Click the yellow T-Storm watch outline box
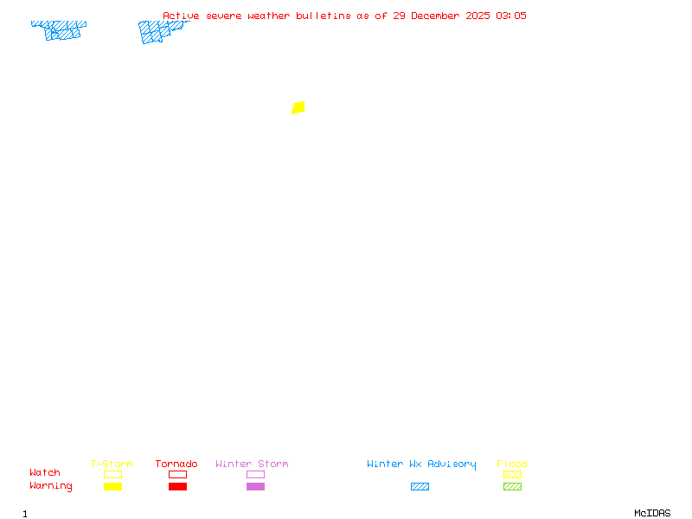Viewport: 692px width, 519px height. coord(112,474)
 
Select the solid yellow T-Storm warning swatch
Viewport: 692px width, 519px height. coord(112,486)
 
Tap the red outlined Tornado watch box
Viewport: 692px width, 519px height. coord(177,474)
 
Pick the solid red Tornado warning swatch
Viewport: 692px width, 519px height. coord(177,486)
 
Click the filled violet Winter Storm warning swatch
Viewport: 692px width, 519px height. coord(255,486)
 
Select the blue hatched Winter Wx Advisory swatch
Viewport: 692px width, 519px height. coord(420,486)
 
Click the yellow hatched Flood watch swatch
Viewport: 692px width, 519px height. coord(512,474)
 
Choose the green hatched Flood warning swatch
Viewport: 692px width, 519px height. coord(512,486)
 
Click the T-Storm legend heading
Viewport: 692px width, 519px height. coord(112,465)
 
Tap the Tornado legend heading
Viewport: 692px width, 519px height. coord(176,465)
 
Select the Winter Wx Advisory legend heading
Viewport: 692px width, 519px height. coord(421,465)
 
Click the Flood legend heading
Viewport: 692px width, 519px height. coord(512,465)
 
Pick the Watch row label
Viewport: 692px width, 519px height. coord(45,473)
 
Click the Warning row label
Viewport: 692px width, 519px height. coord(51,486)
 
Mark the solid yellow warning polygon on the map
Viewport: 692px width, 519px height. coord(298,107)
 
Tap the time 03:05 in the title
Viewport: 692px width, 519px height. coord(510,16)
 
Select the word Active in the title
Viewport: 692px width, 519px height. coord(181,16)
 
